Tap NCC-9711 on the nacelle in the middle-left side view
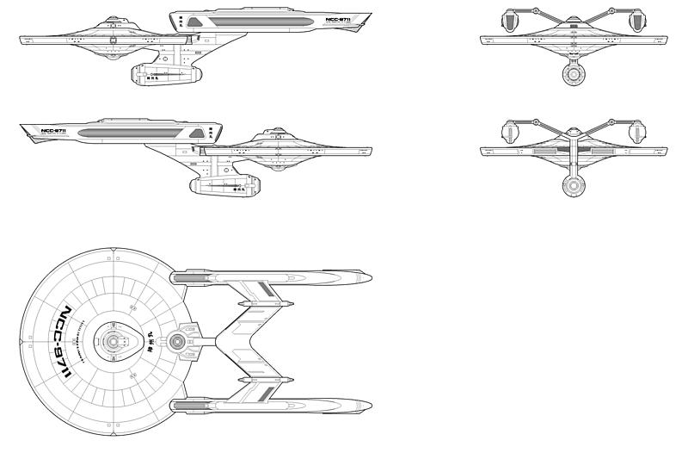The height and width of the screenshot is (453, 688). [54, 132]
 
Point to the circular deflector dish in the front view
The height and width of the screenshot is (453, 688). [573, 75]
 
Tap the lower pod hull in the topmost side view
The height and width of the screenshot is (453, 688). [167, 76]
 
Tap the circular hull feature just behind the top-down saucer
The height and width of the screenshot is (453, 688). [178, 342]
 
